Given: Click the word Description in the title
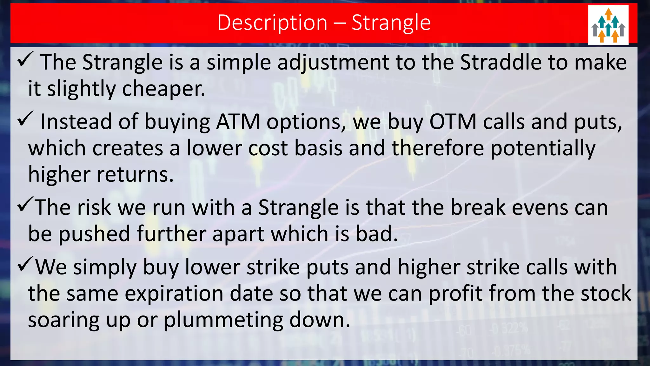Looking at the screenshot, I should pos(272,23).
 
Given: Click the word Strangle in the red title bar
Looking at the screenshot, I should pos(391,23).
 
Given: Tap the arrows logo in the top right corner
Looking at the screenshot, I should pos(608,25).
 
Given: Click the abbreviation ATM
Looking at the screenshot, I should pos(238,122).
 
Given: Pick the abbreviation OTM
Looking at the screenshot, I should pos(453,122).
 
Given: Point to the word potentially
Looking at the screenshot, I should pos(543,148).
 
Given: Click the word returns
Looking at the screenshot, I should pos(135,175).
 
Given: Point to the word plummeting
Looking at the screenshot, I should pos(223,320).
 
